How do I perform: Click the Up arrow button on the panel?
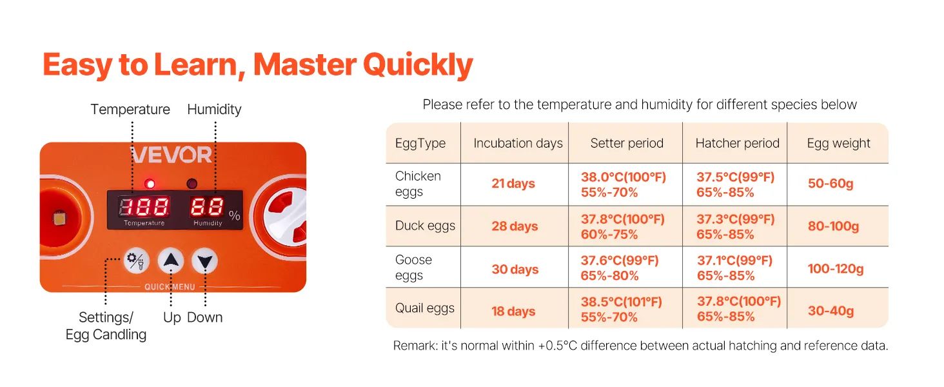tap(171, 261)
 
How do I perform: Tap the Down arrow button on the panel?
tap(205, 261)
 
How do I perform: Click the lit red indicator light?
tap(150, 184)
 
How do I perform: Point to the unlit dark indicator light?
tap(192, 184)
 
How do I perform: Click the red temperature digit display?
tap(144, 207)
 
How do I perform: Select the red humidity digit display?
tap(206, 207)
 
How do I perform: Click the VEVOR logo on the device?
tap(171, 155)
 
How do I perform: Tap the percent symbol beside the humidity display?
tap(234, 215)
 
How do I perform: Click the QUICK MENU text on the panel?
tap(170, 287)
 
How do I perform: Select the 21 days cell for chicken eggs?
tap(513, 184)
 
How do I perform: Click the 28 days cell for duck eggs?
tap(515, 226)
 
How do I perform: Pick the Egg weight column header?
tap(838, 143)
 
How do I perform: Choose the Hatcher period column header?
tap(737, 143)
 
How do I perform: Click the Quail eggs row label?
tap(425, 308)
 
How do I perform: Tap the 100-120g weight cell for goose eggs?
tap(836, 268)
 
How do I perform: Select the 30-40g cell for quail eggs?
tap(831, 311)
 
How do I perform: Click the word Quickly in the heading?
tap(418, 65)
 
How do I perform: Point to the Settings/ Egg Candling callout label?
tap(106, 326)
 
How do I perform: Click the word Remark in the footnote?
tap(415, 346)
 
